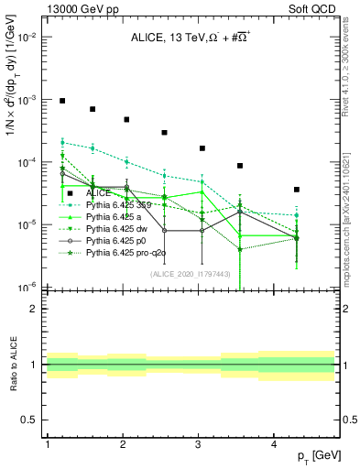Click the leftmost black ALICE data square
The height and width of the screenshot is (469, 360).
pos(62,101)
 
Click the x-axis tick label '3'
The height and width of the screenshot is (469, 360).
pos(199,443)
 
